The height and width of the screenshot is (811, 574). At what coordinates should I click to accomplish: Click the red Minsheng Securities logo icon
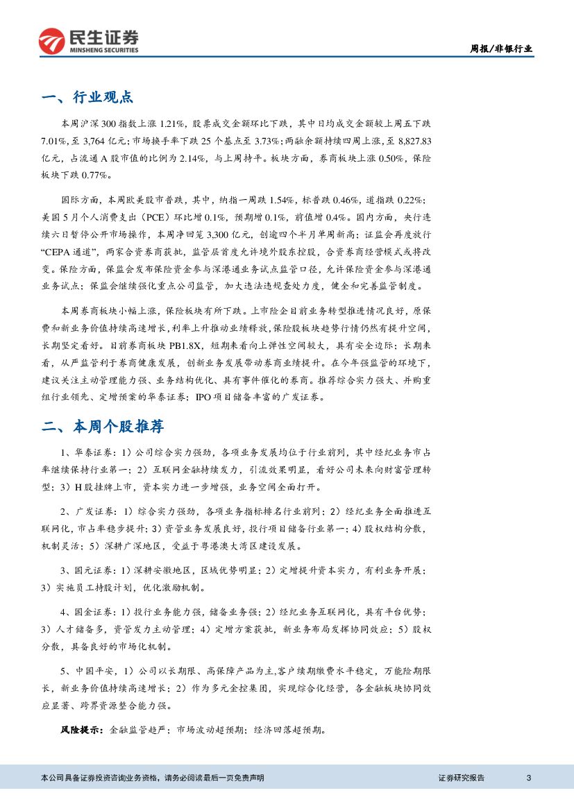pos(51,41)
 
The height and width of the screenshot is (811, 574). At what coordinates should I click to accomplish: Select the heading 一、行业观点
pos(87,97)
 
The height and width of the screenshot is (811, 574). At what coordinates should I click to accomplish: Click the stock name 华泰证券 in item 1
pos(91,452)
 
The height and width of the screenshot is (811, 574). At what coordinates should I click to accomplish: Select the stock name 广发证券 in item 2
pos(92,512)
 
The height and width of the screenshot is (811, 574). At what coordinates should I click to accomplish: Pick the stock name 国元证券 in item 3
pos(91,570)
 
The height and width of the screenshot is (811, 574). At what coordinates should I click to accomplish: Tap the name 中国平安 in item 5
pos(91,671)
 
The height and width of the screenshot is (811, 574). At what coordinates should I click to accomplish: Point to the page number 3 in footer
pos(529,778)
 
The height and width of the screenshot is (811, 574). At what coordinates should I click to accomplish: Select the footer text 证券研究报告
pos(462,778)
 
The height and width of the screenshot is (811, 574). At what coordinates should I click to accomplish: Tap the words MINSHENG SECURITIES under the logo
pos(103,50)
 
